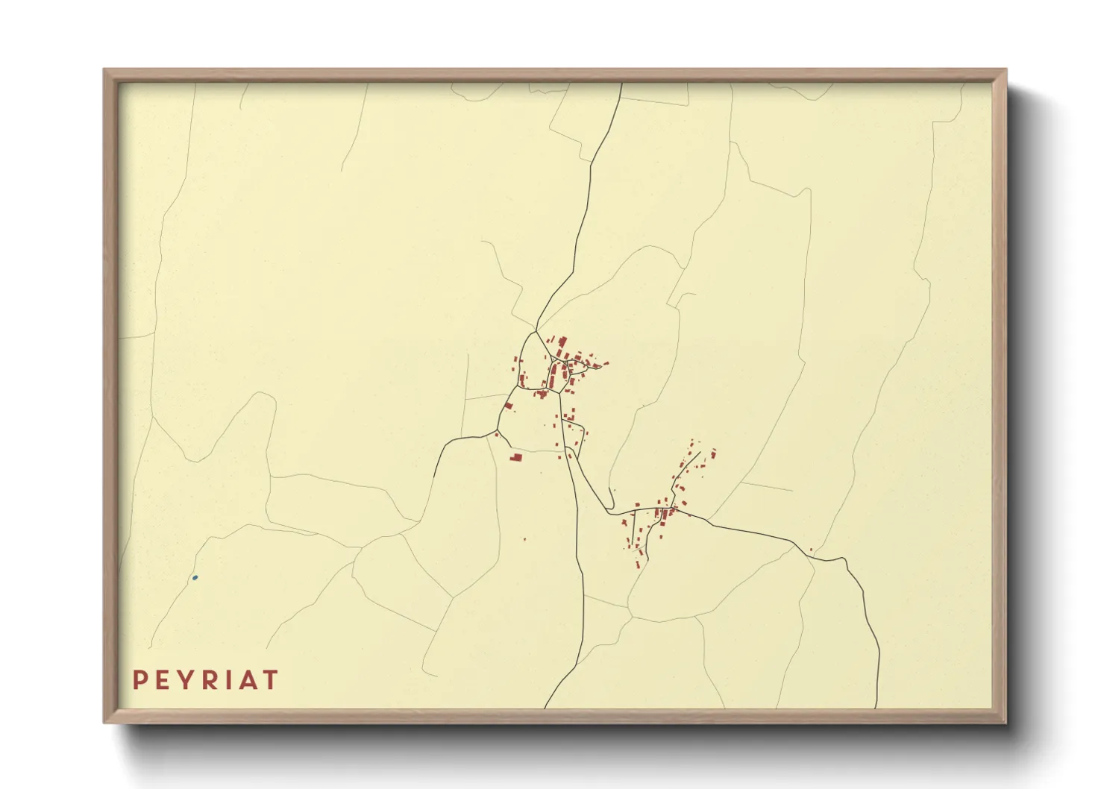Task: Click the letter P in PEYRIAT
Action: (139, 680)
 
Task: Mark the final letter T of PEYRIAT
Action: (270, 680)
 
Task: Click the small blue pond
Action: (195, 577)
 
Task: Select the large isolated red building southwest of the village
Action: (515, 456)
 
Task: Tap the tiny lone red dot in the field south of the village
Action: (524, 539)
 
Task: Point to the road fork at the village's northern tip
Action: (536, 330)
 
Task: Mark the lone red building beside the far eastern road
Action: (811, 550)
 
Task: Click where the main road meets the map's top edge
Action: (621, 83)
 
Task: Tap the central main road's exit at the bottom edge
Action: (545, 708)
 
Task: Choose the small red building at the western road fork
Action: (496, 433)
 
